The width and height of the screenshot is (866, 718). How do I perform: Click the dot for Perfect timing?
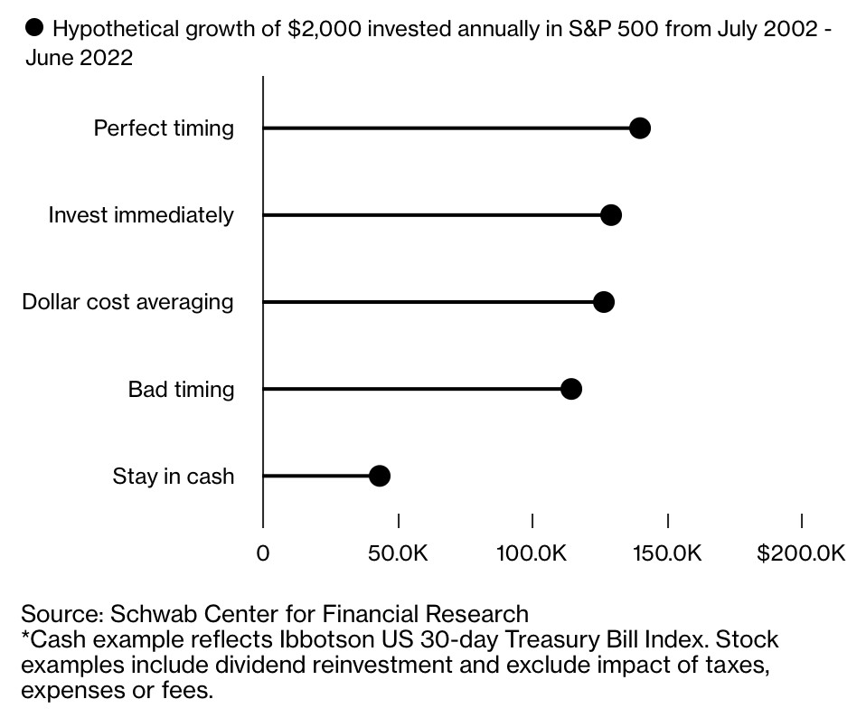click(640, 128)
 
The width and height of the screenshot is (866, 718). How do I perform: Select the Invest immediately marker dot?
click(611, 215)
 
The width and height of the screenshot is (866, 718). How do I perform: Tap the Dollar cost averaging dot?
click(604, 302)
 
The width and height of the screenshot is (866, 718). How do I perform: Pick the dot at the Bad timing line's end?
click(571, 389)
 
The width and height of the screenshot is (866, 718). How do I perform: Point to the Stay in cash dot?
click(380, 476)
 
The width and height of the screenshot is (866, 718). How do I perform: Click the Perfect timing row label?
click(164, 128)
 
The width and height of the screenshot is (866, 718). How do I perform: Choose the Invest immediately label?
click(141, 215)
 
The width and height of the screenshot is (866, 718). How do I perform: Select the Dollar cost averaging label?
click(127, 302)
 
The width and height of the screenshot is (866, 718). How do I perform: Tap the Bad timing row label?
click(181, 390)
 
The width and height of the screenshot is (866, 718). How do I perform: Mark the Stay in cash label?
click(173, 477)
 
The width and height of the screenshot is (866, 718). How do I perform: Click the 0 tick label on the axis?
click(263, 553)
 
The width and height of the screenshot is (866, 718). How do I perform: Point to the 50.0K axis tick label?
click(398, 553)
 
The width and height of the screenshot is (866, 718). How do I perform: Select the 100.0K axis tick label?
click(532, 553)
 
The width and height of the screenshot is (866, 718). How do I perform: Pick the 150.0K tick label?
click(667, 553)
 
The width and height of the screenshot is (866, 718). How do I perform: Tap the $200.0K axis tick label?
click(801, 553)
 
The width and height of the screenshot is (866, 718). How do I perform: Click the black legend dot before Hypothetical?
click(34, 28)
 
